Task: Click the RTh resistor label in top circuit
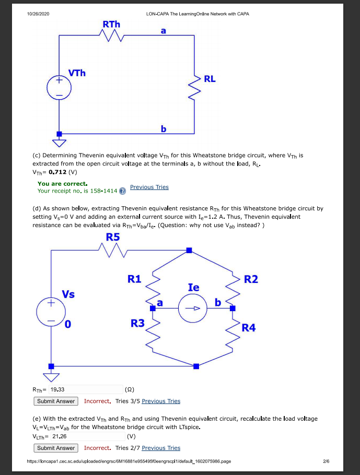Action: coord(111,24)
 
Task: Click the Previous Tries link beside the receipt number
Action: coord(149,187)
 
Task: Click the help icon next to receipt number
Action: coord(122,191)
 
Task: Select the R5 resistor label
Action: coord(113,237)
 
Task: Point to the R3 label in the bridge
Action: coord(137,323)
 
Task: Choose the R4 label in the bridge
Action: coord(249,328)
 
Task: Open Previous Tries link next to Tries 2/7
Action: coord(161,448)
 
